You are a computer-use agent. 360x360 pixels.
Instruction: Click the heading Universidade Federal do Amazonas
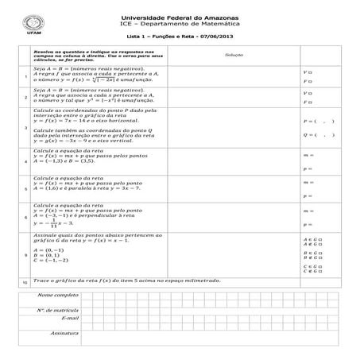(180, 17)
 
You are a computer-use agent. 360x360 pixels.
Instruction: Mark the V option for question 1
(308, 71)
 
